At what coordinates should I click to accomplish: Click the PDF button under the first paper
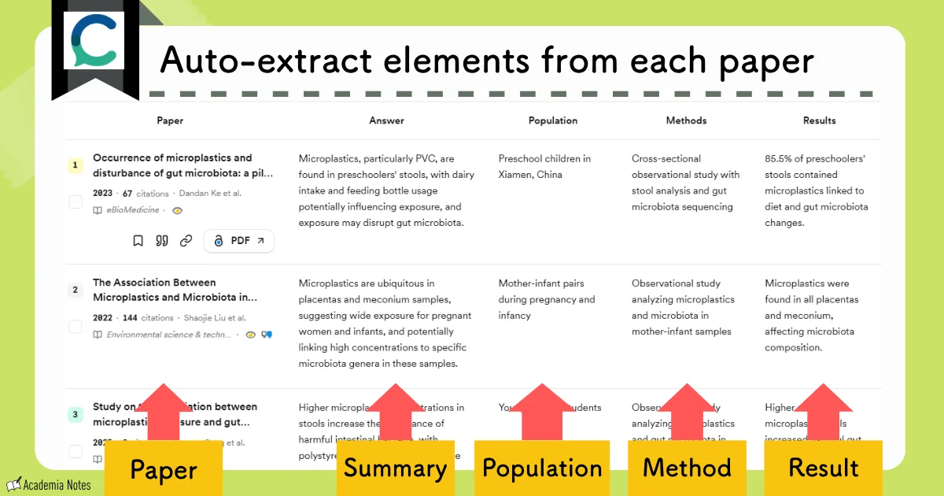point(239,241)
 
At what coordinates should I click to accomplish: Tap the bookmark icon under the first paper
point(138,241)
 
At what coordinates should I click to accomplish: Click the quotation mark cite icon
point(162,241)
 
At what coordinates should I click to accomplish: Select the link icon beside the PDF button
point(186,241)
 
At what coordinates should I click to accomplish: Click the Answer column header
point(386,120)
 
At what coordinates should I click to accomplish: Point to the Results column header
point(819,120)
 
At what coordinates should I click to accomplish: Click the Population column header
point(552,120)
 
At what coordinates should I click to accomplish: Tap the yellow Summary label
point(395,468)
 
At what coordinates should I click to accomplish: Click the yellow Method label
point(687,468)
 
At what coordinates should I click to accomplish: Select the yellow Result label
point(823,468)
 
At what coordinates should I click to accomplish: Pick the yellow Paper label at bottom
point(164,470)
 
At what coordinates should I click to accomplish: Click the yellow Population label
point(541,468)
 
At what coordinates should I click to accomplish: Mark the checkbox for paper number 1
point(76,202)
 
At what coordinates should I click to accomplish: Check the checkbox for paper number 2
point(76,327)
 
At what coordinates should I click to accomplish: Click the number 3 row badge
point(76,414)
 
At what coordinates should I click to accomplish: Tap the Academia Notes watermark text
point(57,485)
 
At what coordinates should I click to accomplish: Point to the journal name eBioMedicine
point(133,210)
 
